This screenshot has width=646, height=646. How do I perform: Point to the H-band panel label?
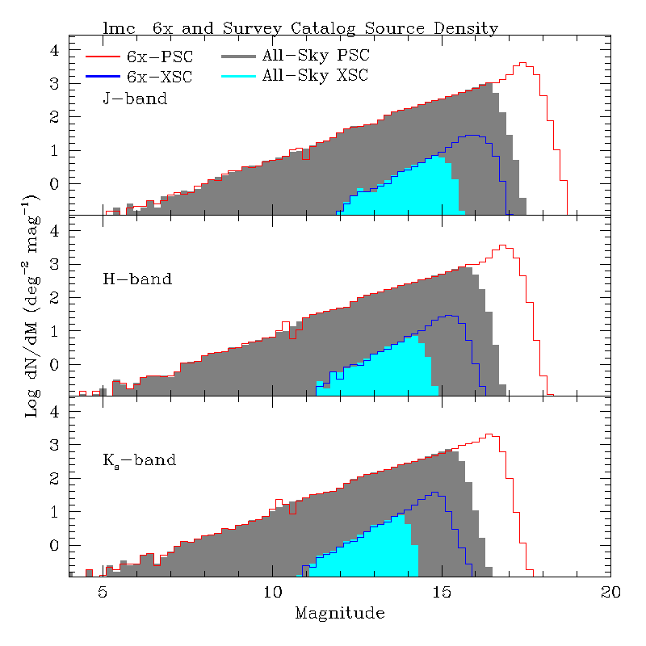point(136,279)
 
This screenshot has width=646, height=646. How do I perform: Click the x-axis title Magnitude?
point(339,613)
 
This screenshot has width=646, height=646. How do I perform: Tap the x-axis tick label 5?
point(103,592)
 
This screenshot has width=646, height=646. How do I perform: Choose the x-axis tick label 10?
point(272,592)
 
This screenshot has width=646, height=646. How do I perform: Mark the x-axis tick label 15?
point(442,592)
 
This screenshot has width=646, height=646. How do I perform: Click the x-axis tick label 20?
point(611,592)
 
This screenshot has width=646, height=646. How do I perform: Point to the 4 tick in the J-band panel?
point(55,49)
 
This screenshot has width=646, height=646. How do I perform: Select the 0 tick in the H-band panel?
point(55,365)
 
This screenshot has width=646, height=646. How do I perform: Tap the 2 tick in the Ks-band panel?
point(55,479)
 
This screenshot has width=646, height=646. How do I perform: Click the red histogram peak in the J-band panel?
point(522,63)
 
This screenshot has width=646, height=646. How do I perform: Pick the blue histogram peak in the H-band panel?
point(447,316)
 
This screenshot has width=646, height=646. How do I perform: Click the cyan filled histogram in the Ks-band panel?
point(380,549)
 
